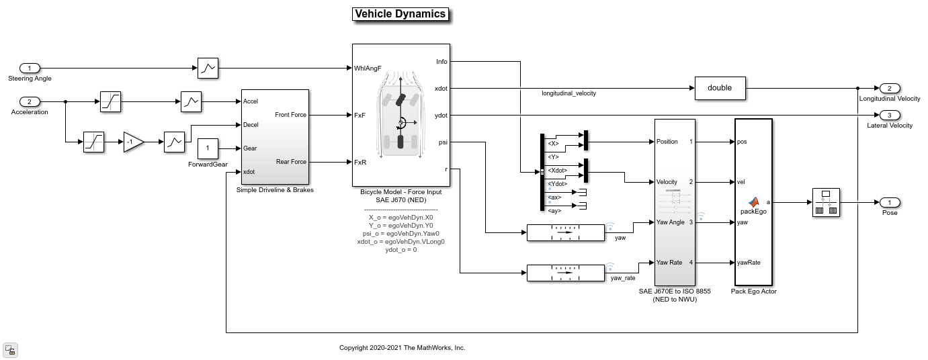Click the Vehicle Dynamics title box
coord(400,14)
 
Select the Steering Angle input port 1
coord(30,68)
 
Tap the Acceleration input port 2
coord(30,102)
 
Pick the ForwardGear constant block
coord(208,148)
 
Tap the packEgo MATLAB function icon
coord(754,201)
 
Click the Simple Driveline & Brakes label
coord(275,190)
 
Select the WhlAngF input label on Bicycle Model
coord(368,68)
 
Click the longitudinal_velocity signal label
coord(568,93)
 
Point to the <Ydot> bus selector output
coord(557,184)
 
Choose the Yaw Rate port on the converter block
coord(671,263)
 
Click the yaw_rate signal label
coord(622,278)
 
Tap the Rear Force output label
coord(290,162)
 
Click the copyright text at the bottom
coord(402,348)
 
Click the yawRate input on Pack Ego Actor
coord(749,263)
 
